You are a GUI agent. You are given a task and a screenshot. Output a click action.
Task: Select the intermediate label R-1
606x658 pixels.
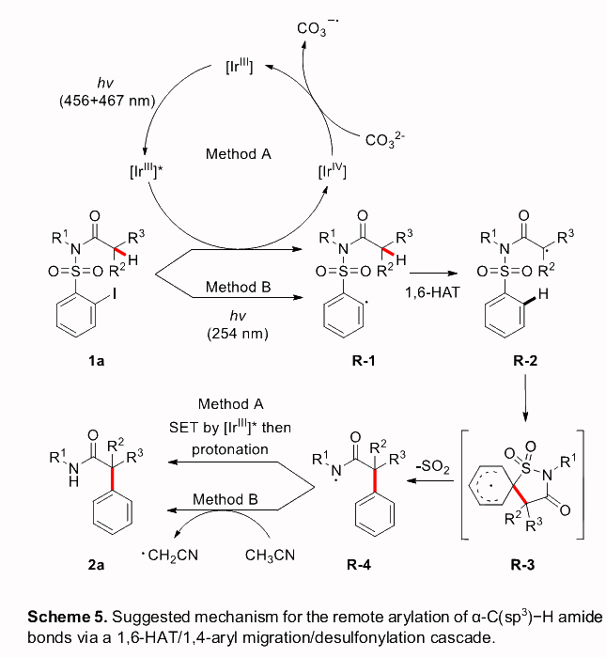(x=344, y=358)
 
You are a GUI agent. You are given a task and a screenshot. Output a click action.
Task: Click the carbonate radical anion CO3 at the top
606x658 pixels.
(x=317, y=28)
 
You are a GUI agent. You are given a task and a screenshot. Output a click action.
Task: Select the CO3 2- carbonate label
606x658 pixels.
(x=385, y=140)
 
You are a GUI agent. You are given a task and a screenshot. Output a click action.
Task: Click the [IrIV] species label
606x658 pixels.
(x=334, y=173)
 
